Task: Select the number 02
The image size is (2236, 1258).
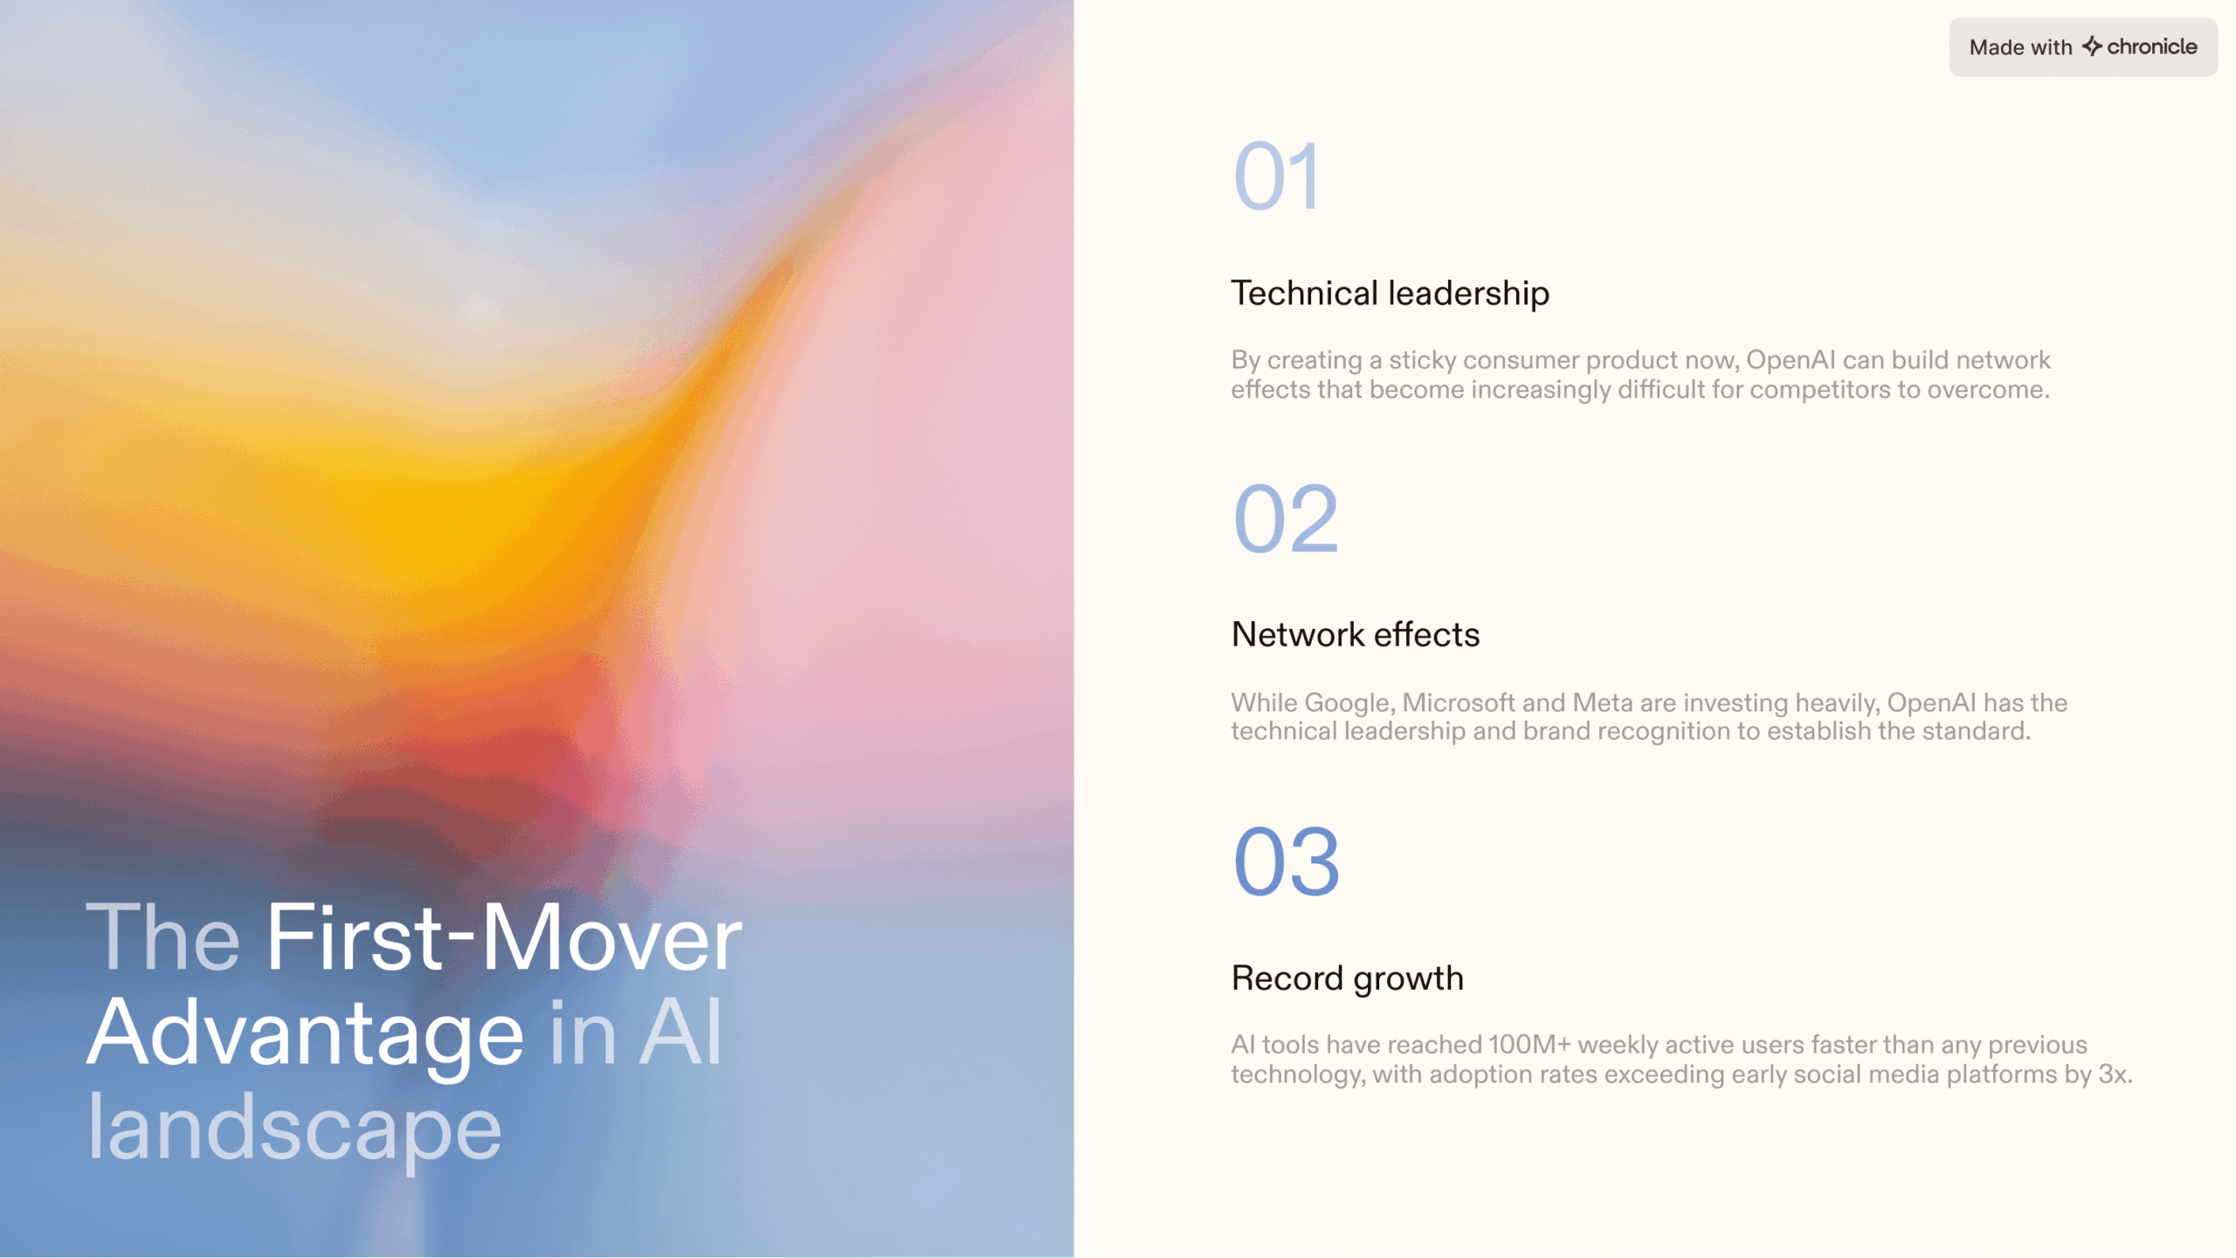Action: [x=1286, y=520]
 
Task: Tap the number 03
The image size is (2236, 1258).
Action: [x=1287, y=862]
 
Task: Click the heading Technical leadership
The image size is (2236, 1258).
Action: [x=1391, y=294]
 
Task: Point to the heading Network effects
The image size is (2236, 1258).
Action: [x=1356, y=635]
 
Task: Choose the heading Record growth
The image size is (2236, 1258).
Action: [x=1348, y=978]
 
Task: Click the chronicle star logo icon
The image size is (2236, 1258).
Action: [x=2092, y=46]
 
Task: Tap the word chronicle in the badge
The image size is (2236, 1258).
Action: [x=2152, y=46]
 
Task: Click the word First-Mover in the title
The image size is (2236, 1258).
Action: [x=504, y=937]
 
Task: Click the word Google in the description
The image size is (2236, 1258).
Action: [x=1354, y=703]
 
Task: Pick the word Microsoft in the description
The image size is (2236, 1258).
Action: [x=1459, y=702]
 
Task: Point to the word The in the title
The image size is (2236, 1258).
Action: [x=163, y=937]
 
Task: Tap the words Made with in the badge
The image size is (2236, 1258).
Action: [x=2020, y=47]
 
